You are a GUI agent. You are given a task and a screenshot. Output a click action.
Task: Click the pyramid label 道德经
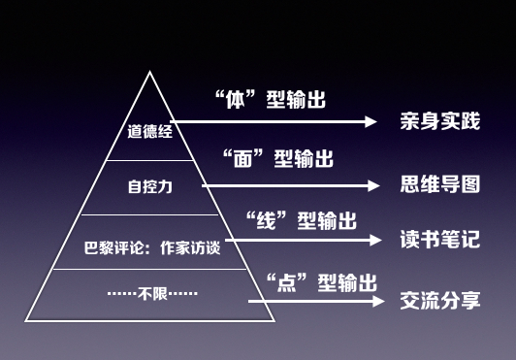pos(149,131)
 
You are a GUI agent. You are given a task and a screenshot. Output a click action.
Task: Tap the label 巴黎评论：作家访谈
pos(150,247)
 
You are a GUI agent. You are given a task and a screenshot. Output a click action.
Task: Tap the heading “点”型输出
pos(320,282)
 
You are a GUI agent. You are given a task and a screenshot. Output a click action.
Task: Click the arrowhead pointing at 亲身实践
pos(371,122)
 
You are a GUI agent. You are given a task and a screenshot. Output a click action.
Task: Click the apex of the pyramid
pos(150,74)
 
